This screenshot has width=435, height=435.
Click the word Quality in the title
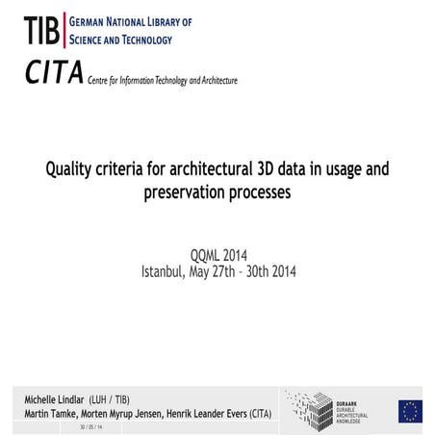tap(70, 170)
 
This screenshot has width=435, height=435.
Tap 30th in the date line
tap(262, 270)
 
